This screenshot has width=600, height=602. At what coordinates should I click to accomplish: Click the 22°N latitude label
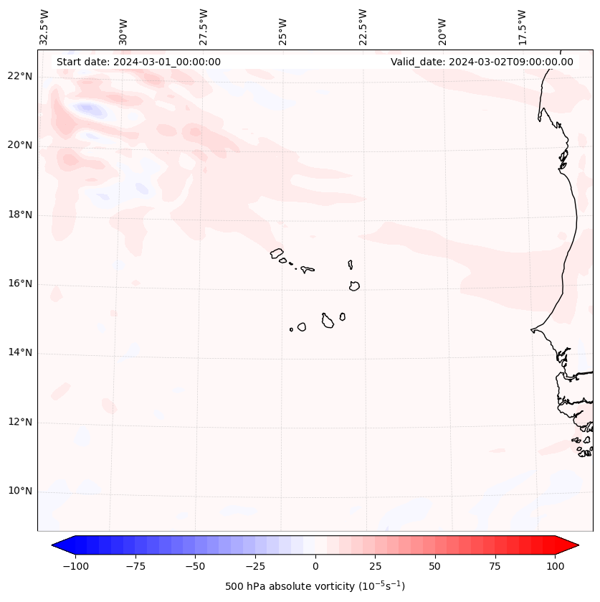(19, 76)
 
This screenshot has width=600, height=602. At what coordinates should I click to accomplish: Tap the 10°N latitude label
(19, 492)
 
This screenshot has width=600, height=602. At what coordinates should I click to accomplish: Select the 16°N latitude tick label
(19, 283)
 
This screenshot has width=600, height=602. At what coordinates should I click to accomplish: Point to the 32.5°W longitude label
(44, 27)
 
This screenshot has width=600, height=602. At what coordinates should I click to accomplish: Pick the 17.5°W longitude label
(522, 27)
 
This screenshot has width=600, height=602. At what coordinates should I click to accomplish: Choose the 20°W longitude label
(442, 30)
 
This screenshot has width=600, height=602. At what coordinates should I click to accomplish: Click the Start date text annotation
(138, 62)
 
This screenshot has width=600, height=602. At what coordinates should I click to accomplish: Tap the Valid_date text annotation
(482, 62)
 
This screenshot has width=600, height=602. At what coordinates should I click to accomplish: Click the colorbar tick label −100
(75, 567)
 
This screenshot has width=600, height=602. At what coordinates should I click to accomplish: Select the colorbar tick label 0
(315, 567)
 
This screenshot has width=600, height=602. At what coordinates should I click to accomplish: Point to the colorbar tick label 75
(495, 567)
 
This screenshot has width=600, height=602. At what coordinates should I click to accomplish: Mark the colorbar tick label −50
(195, 567)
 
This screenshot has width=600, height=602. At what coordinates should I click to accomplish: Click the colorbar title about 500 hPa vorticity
(315, 587)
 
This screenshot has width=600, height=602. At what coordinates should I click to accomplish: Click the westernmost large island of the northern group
(277, 253)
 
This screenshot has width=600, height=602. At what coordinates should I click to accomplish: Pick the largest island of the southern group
(328, 321)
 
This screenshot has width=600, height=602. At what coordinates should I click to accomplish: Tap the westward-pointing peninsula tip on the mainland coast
(532, 330)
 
